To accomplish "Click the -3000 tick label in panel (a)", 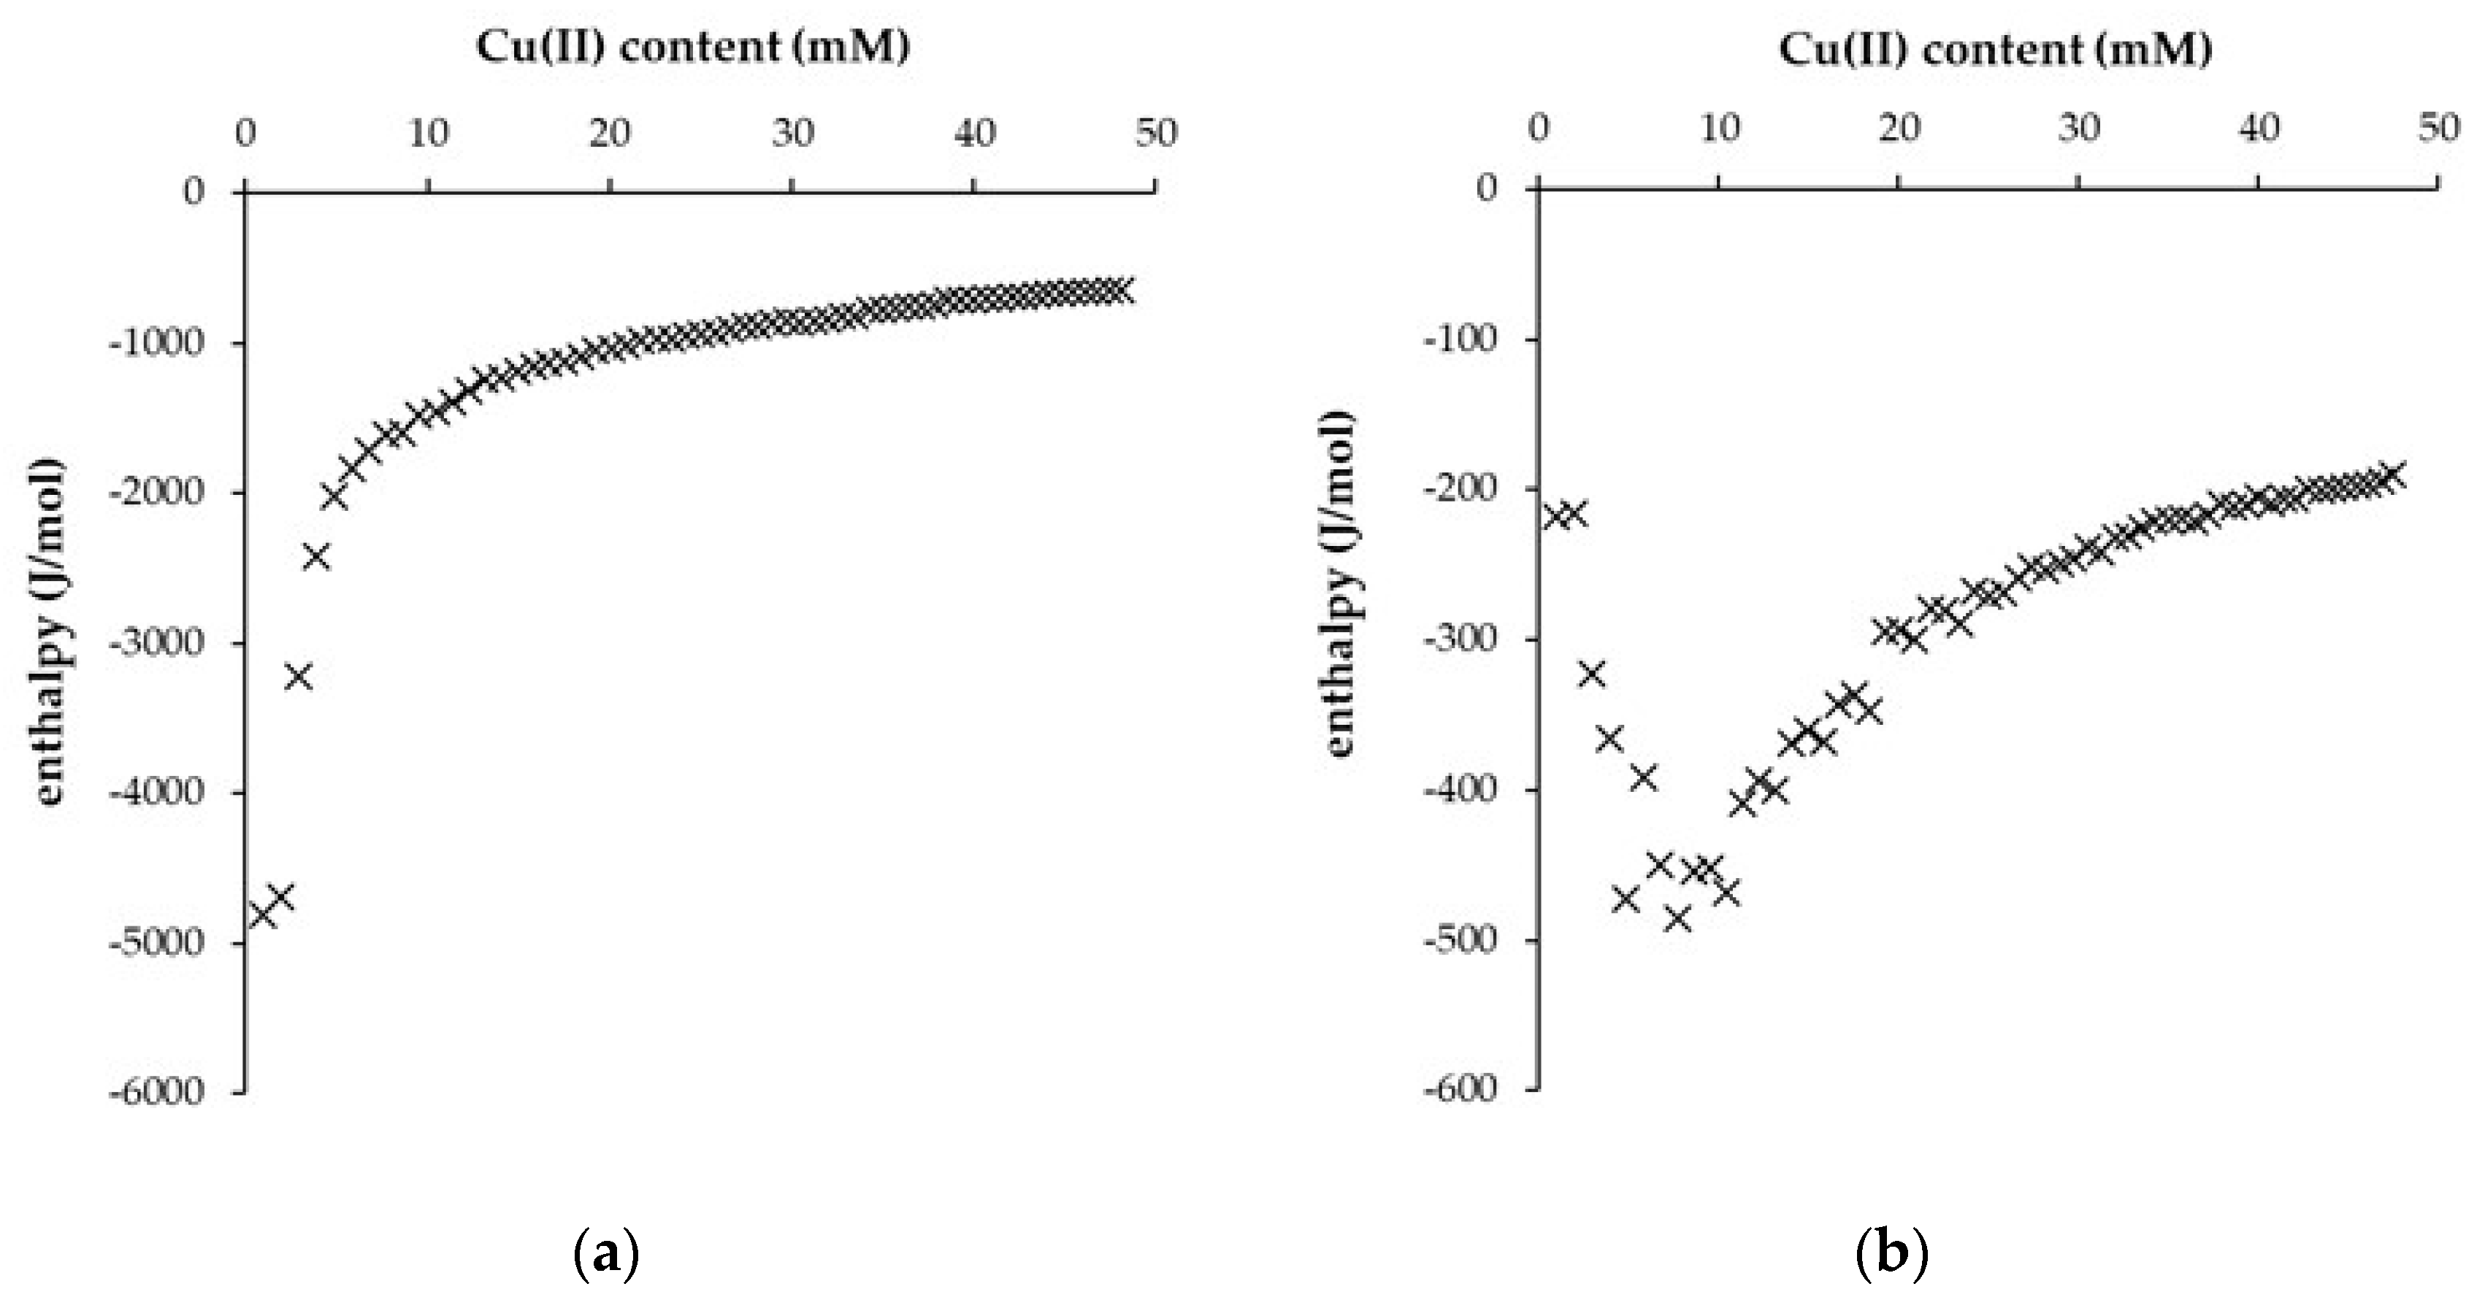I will click(157, 642).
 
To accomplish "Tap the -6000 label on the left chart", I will click(157, 1092).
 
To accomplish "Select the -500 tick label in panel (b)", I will click(1458, 939).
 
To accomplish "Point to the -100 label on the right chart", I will click(1458, 339).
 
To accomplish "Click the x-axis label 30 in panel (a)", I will click(792, 133).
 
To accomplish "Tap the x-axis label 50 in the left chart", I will click(1156, 133).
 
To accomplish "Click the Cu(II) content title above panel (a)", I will click(693, 48).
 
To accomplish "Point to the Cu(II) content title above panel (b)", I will click(1995, 48).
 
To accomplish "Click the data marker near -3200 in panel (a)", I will click(299, 676).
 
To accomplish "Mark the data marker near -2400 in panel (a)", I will click(316, 556).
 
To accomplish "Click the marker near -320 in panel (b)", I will click(1592, 673).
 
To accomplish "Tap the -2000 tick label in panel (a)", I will click(157, 492).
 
